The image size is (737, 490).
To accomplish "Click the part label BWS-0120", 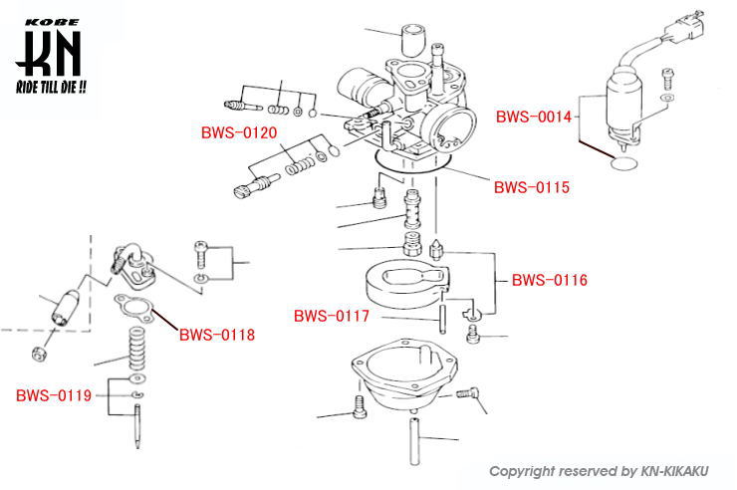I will click(239, 132).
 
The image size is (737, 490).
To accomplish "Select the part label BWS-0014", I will click(534, 117).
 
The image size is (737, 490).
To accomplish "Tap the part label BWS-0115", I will click(532, 186).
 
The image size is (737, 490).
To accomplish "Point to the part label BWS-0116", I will click(550, 281).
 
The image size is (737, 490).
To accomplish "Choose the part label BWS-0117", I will click(332, 317).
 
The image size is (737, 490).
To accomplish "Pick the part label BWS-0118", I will click(217, 335).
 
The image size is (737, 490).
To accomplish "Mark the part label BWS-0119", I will click(54, 395).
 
